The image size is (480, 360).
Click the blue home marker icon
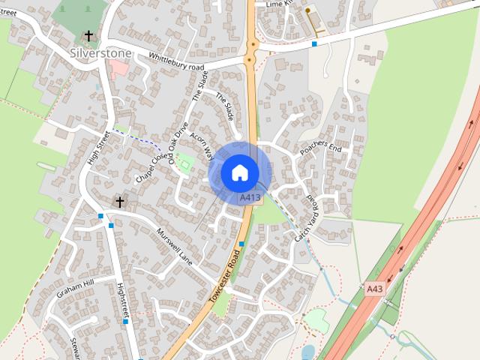pyautogui.click(x=238, y=172)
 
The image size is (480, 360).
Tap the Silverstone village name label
pyautogui.click(x=100, y=53)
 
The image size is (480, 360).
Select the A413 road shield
pyautogui.click(x=250, y=198)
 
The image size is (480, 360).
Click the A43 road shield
pyautogui.click(x=374, y=287)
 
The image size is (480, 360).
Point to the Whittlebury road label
pyautogui.click(x=176, y=61)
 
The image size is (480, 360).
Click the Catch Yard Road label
pyautogui.click(x=307, y=218)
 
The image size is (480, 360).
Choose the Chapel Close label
pyautogui.click(x=149, y=167)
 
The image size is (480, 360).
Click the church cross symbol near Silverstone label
pyautogui.click(x=89, y=36)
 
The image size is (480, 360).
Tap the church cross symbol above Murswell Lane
pyautogui.click(x=119, y=202)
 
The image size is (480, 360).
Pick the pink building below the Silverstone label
pyautogui.click(x=118, y=69)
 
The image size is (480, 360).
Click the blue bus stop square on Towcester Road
pyautogui.click(x=241, y=244)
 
